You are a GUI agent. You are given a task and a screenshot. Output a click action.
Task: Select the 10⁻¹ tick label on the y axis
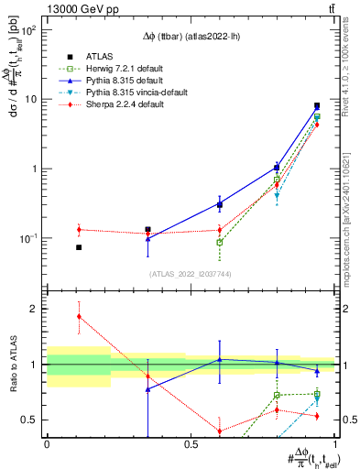(28, 238)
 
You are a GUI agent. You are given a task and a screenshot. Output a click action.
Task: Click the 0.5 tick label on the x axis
(191, 443)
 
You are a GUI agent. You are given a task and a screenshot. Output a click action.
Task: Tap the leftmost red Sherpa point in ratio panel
(79, 316)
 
